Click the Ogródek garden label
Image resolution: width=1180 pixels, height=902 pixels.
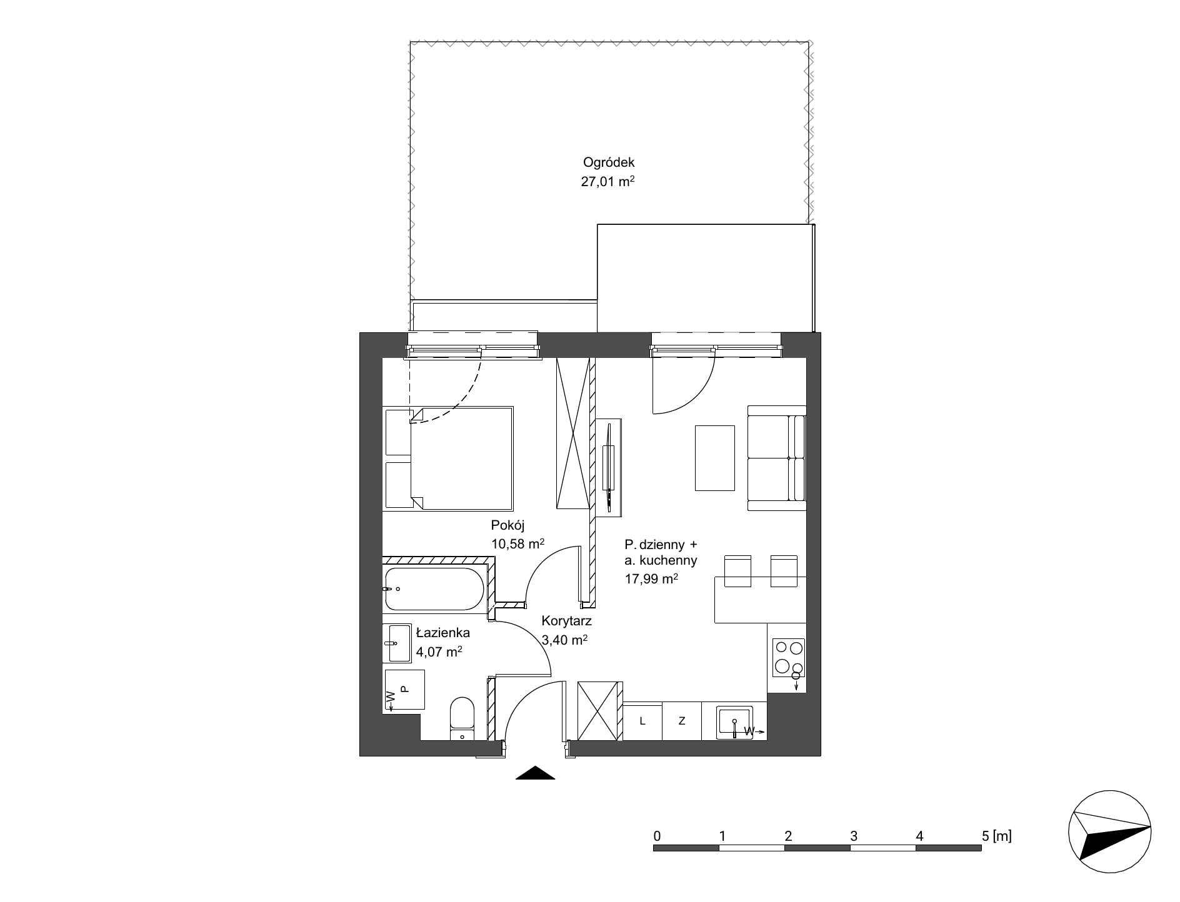pyautogui.click(x=608, y=162)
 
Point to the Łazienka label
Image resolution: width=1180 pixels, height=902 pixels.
pyautogui.click(x=442, y=633)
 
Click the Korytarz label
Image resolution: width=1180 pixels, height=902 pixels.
pyautogui.click(x=567, y=622)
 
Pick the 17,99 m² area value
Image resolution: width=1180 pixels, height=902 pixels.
pyautogui.click(x=651, y=579)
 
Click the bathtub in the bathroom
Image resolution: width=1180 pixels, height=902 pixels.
pyautogui.click(x=433, y=589)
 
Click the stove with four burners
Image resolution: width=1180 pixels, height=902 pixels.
pyautogui.click(x=789, y=658)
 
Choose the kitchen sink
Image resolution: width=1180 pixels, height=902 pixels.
pyautogui.click(x=735, y=721)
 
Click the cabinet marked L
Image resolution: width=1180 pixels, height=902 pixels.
pyautogui.click(x=642, y=721)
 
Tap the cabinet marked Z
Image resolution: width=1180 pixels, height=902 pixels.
pyautogui.click(x=682, y=721)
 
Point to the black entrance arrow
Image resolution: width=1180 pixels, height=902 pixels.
pyautogui.click(x=536, y=773)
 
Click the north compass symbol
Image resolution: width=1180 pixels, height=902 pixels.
pyautogui.click(x=1110, y=833)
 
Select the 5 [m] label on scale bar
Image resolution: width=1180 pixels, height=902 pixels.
pyautogui.click(x=997, y=835)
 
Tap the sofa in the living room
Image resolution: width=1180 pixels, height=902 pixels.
pyautogui.click(x=777, y=458)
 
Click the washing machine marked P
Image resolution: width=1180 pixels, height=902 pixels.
pyautogui.click(x=404, y=690)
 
